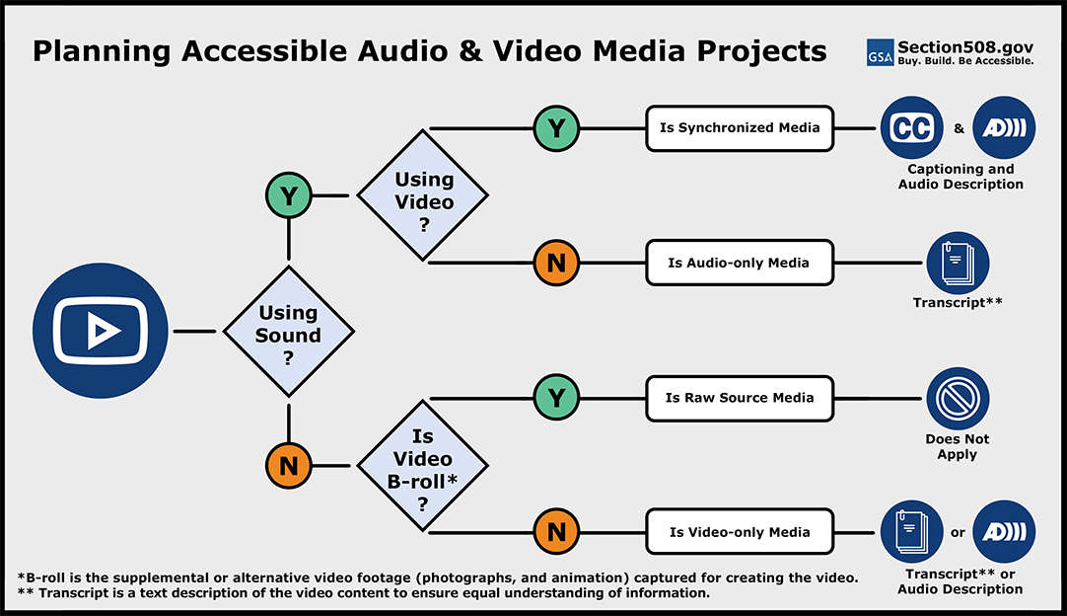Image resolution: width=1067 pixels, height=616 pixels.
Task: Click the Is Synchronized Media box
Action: click(x=740, y=128)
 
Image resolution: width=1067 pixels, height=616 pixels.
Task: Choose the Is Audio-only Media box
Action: click(x=740, y=263)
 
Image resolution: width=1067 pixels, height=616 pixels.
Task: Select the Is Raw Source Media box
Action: click(x=740, y=398)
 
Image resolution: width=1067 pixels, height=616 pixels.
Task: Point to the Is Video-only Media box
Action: click(x=740, y=532)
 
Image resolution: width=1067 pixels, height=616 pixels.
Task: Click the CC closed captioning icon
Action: click(x=911, y=128)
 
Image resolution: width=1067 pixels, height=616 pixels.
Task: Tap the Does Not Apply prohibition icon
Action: click(x=957, y=398)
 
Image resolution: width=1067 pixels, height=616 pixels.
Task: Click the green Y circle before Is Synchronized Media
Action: click(x=556, y=128)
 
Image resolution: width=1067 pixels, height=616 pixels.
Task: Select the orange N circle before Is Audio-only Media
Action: click(x=556, y=263)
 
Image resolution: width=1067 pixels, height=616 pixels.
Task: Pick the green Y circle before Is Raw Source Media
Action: click(x=556, y=398)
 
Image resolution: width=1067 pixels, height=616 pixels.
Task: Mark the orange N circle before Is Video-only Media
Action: click(x=556, y=532)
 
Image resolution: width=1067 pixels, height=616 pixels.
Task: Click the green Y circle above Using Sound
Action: click(x=288, y=195)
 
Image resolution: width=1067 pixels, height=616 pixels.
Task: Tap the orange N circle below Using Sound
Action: click(x=288, y=465)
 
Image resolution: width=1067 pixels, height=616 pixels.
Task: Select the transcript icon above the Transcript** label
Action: click(x=957, y=263)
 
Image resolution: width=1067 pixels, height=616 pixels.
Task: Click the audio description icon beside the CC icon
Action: click(x=1004, y=128)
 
